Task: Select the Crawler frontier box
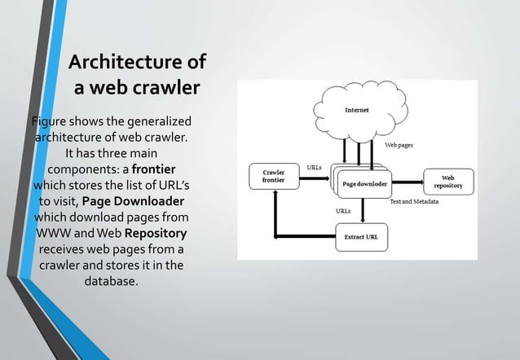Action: tap(273, 177)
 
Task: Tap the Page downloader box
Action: tap(364, 183)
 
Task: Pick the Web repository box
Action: tap(447, 182)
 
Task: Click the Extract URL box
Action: tap(362, 237)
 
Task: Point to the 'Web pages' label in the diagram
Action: tap(399, 144)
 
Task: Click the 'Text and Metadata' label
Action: tap(415, 200)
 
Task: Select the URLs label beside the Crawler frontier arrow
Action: tap(314, 167)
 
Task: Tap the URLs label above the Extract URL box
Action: tap(344, 210)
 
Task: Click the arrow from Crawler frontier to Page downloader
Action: tap(314, 177)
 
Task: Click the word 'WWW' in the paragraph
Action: tap(56, 233)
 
